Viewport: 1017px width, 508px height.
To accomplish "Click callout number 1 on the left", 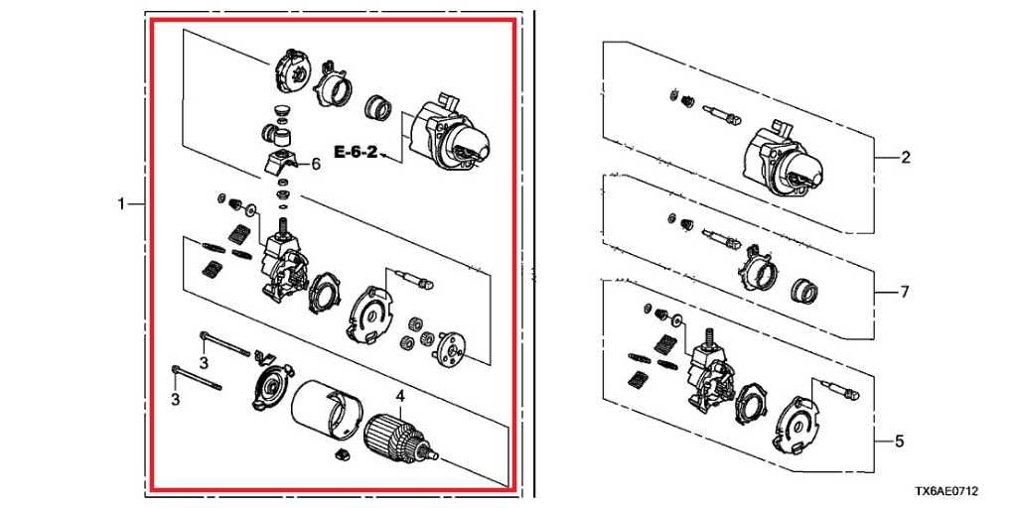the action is pos(120,204).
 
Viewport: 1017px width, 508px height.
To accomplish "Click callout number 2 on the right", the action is pos(906,158).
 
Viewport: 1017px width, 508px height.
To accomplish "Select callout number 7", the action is pos(905,293).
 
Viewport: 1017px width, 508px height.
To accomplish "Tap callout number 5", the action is pos(899,442).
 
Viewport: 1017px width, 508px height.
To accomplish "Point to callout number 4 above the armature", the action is pos(401,396).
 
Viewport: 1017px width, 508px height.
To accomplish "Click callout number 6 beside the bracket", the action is pos(315,164).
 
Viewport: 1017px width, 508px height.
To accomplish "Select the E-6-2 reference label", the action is pos(356,153).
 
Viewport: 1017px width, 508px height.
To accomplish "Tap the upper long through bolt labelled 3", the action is pos(224,343).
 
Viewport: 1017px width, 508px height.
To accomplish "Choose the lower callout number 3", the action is pos(175,399).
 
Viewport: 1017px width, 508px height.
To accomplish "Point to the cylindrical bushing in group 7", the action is pos(804,290).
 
